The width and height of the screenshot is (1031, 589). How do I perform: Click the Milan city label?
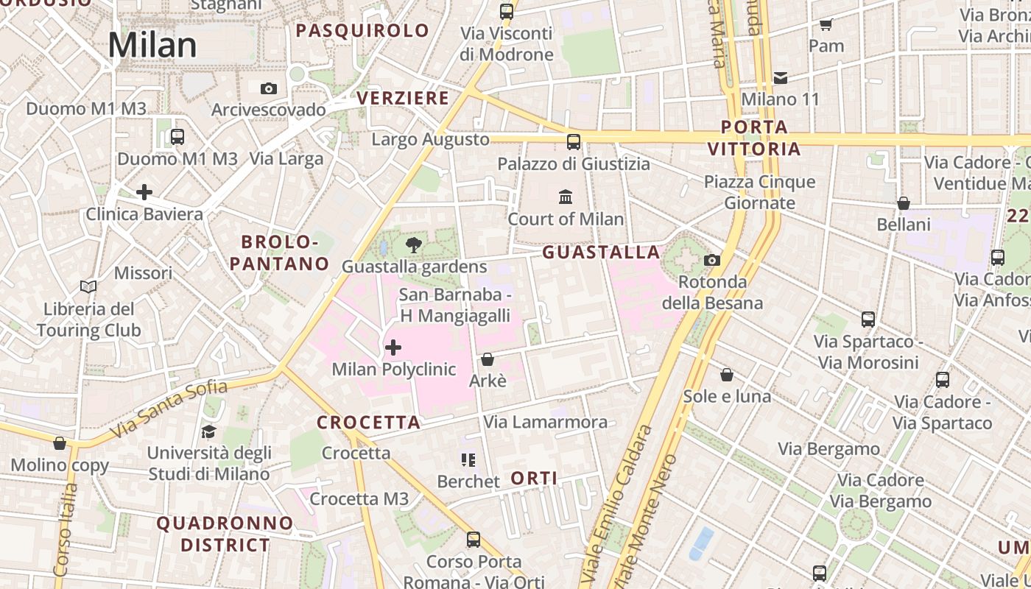click(x=152, y=45)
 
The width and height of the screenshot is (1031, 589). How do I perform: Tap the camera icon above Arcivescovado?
click(x=269, y=88)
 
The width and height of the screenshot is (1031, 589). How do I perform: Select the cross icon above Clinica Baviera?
click(x=144, y=193)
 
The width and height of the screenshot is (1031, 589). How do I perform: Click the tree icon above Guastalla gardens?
click(x=414, y=245)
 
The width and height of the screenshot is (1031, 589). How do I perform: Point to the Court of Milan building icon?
click(x=566, y=197)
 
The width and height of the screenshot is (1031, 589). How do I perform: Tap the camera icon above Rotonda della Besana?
click(x=711, y=260)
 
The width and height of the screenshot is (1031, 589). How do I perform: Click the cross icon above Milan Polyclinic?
click(x=393, y=347)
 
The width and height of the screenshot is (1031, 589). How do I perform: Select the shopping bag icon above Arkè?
click(x=487, y=359)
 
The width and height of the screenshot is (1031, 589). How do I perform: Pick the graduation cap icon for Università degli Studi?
click(x=209, y=431)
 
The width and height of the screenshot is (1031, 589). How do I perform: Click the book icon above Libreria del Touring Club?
click(x=88, y=286)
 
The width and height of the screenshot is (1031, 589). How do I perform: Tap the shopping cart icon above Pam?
click(x=826, y=24)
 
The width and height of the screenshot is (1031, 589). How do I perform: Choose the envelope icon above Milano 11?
click(x=781, y=77)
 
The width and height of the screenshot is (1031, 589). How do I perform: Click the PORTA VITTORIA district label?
click(x=754, y=138)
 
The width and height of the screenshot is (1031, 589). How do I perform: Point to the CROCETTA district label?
click(x=368, y=423)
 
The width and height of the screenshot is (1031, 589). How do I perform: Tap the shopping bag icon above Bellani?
click(x=904, y=202)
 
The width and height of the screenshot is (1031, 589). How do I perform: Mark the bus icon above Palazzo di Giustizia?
click(x=574, y=141)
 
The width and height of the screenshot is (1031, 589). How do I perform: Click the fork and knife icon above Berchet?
click(x=468, y=460)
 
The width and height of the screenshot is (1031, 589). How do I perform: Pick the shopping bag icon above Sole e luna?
click(x=727, y=375)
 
